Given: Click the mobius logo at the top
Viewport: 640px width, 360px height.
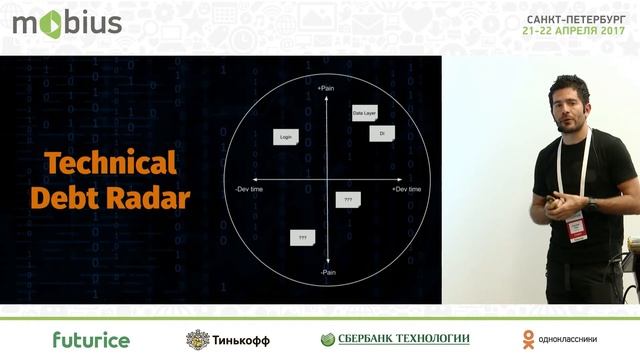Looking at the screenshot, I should tap(67, 22).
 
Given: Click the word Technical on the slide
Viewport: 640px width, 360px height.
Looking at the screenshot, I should tap(111, 164).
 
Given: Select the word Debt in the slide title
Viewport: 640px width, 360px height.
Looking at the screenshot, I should tap(66, 197).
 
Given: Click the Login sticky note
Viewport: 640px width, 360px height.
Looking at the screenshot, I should tap(286, 137).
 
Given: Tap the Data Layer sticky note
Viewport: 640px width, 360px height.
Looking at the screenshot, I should tap(364, 114).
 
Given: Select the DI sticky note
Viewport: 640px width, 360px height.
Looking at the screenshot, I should tap(381, 132).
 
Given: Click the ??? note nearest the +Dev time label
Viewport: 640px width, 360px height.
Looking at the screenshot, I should tap(348, 200).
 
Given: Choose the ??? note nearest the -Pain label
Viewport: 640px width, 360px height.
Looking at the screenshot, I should tap(302, 238).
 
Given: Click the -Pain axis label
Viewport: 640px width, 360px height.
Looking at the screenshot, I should tap(326, 273).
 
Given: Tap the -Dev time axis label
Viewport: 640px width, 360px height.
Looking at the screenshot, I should tap(251, 188).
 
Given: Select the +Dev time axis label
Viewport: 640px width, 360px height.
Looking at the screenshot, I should tap(406, 188).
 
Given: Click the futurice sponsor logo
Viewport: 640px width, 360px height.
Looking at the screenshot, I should tap(91, 339).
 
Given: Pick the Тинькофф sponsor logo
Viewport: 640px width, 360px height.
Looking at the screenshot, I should tap(228, 339).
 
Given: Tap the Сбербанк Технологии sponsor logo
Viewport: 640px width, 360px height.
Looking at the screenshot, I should tap(395, 339).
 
